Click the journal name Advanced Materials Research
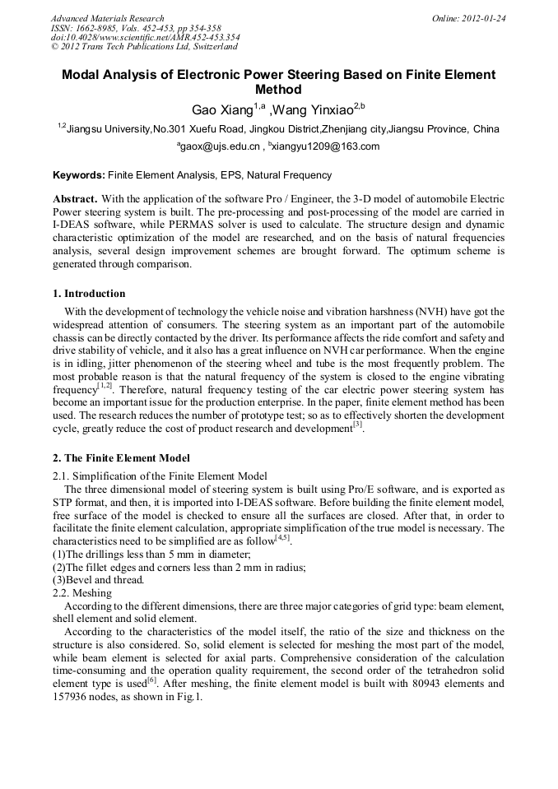click(107, 18)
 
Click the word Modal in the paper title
click(84, 75)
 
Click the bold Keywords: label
click(79, 175)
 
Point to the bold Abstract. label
click(76, 199)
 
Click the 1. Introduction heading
click(89, 294)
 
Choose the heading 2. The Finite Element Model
click(121, 458)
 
